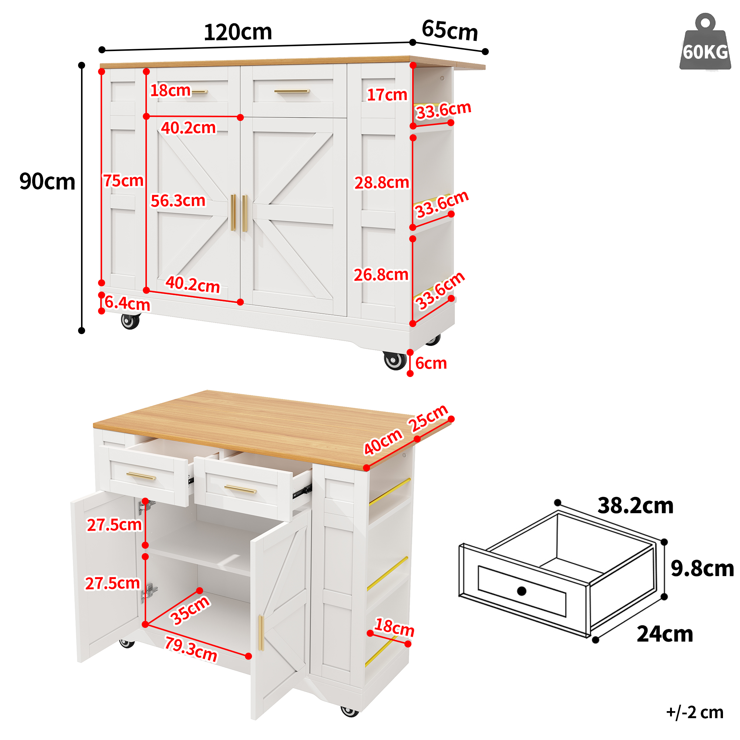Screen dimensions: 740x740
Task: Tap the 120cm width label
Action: point(238,32)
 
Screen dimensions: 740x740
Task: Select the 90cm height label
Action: point(47,182)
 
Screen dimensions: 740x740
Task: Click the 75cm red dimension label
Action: point(123,181)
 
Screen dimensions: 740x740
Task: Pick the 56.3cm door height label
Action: point(178,201)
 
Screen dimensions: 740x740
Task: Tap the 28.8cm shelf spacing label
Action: point(381,183)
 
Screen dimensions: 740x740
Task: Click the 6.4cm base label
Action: point(127,303)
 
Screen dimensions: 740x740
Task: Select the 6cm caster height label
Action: point(431,363)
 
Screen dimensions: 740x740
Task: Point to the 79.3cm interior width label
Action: point(191,649)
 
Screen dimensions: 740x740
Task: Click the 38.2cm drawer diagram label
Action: point(635,505)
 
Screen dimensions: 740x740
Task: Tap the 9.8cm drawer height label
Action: point(702,568)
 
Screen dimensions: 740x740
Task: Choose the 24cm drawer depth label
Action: point(665,634)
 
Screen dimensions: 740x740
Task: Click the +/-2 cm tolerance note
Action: point(695,712)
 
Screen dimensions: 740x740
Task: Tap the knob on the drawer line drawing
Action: point(522,591)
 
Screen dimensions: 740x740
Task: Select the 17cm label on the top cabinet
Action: point(387,95)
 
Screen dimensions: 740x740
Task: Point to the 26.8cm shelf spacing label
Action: point(381,275)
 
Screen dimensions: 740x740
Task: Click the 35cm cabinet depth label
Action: point(189,610)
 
